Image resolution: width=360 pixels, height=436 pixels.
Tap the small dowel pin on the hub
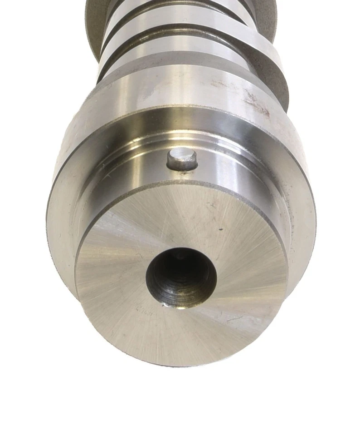click(x=182, y=159)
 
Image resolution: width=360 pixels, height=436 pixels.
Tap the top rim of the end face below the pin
click(x=181, y=183)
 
